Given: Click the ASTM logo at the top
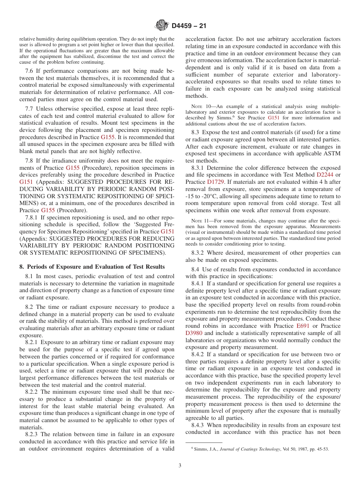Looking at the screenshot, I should [162, 26].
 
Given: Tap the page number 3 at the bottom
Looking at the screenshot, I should [180, 466].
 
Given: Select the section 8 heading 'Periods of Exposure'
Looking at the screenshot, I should [92, 267].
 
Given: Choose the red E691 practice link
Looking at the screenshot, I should [302, 326].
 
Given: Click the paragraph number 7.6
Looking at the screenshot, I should [30, 70].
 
